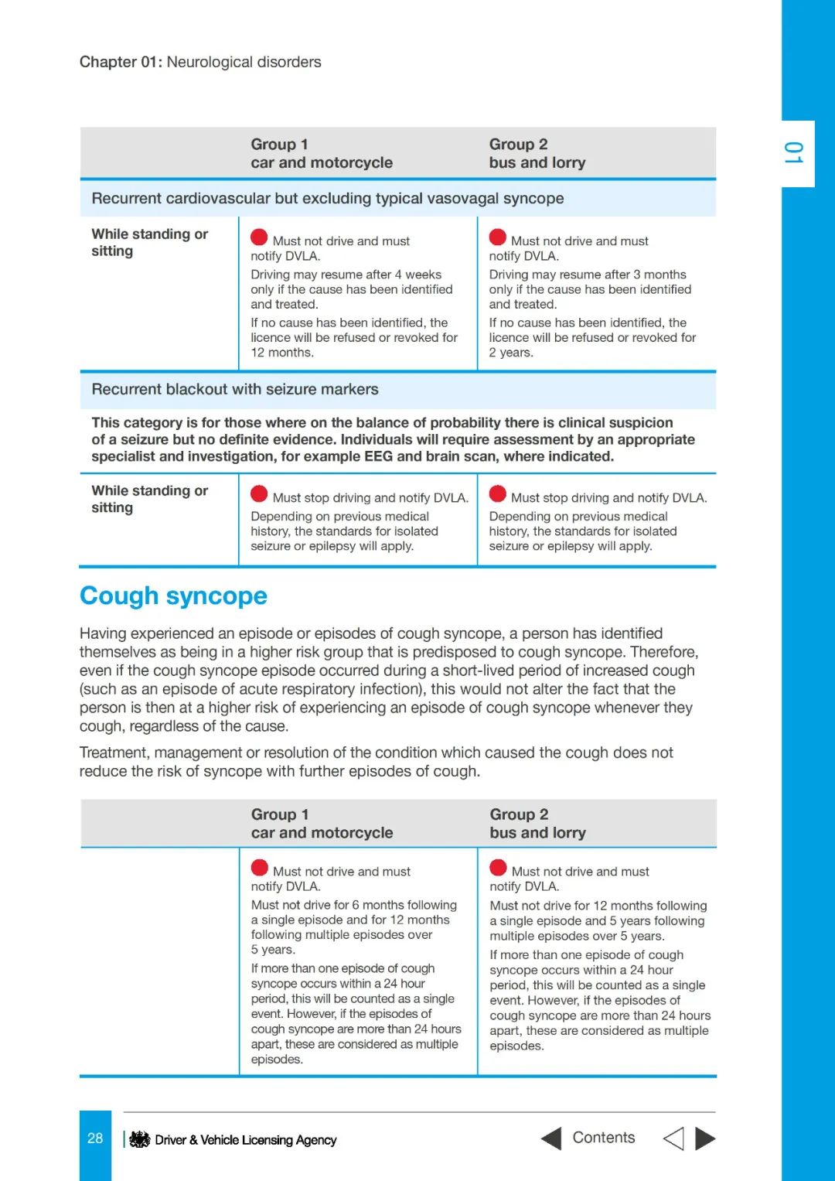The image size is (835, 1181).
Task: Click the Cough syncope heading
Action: [x=173, y=596]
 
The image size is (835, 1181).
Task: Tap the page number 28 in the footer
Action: [x=95, y=1138]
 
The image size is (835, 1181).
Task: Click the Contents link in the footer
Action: [x=603, y=1138]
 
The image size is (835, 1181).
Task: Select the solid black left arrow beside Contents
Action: [x=551, y=1138]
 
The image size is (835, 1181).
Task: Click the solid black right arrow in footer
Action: [x=705, y=1138]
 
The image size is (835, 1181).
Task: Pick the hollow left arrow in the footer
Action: [x=673, y=1138]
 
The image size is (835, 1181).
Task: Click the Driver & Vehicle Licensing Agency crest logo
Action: [x=139, y=1139]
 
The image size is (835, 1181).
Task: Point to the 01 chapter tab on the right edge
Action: [x=794, y=153]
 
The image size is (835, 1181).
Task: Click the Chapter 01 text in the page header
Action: [x=121, y=62]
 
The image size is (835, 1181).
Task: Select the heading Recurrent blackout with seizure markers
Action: [x=235, y=390]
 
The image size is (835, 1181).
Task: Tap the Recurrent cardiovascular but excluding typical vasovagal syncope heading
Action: [x=328, y=199]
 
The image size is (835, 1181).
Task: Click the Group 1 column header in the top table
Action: [x=279, y=145]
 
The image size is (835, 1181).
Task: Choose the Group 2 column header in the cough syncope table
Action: [x=519, y=814]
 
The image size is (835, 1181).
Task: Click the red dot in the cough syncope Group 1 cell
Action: [x=260, y=868]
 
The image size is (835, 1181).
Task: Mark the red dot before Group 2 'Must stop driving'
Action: [x=498, y=494]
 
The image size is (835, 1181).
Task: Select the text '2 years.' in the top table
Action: [x=511, y=353]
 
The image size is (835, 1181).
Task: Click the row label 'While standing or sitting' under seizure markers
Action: [x=150, y=500]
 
